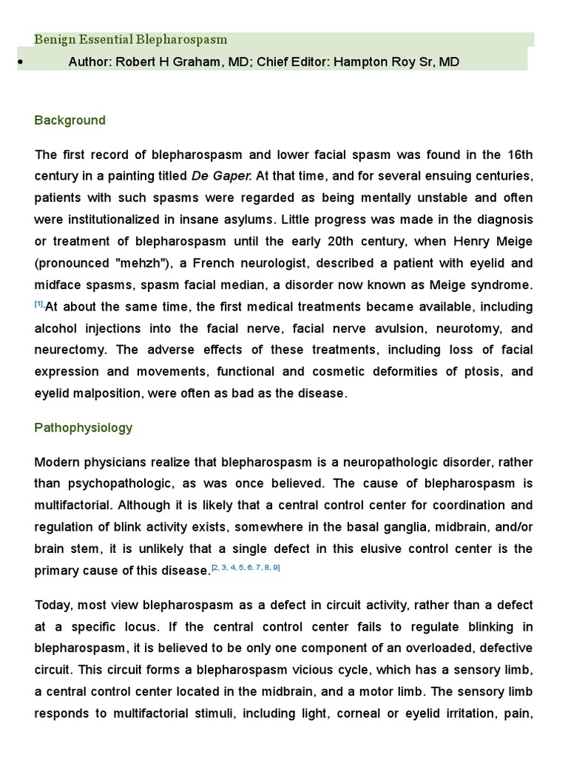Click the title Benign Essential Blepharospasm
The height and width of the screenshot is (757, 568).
point(132,39)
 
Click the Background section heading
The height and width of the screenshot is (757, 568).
point(70,120)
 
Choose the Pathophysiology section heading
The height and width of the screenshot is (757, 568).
point(84,427)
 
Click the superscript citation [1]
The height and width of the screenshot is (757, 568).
point(40,304)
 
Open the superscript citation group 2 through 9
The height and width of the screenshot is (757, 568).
point(246,567)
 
